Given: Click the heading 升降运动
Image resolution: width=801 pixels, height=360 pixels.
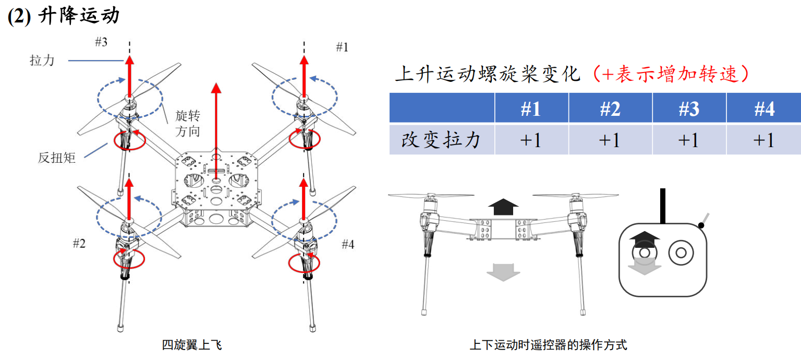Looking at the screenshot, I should click(79, 16).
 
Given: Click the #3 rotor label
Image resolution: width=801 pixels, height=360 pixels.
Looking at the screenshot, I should click(101, 42).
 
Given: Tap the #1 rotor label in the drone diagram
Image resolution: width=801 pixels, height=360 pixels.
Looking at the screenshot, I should click(342, 47).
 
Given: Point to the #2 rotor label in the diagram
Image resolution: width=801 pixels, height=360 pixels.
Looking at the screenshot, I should click(79, 243).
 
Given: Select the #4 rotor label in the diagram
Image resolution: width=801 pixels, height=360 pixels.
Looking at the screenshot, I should click(348, 244).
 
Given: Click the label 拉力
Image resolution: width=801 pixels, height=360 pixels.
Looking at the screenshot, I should click(42, 61).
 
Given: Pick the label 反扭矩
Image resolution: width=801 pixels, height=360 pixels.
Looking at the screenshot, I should click(56, 158).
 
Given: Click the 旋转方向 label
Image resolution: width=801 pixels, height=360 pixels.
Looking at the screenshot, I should click(188, 123).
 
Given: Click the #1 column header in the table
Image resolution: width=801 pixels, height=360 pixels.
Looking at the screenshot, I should click(531, 109).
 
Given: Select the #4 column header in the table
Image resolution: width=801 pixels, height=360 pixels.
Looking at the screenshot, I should click(764, 109).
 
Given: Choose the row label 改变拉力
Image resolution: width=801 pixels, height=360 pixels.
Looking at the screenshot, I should click(441, 140).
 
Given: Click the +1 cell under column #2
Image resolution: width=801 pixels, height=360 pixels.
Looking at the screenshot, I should click(610, 140).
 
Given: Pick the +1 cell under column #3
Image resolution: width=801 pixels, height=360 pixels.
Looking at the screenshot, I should click(689, 140).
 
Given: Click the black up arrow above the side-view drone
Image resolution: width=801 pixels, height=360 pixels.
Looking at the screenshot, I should click(503, 207).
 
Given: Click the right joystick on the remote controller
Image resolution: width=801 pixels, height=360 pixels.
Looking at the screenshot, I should click(681, 253).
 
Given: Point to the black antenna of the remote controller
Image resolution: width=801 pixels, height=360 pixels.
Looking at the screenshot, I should click(663, 206).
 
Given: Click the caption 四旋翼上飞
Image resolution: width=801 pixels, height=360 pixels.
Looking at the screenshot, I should click(192, 345).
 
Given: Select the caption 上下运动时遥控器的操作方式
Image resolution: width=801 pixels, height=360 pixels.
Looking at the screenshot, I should click(548, 345).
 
